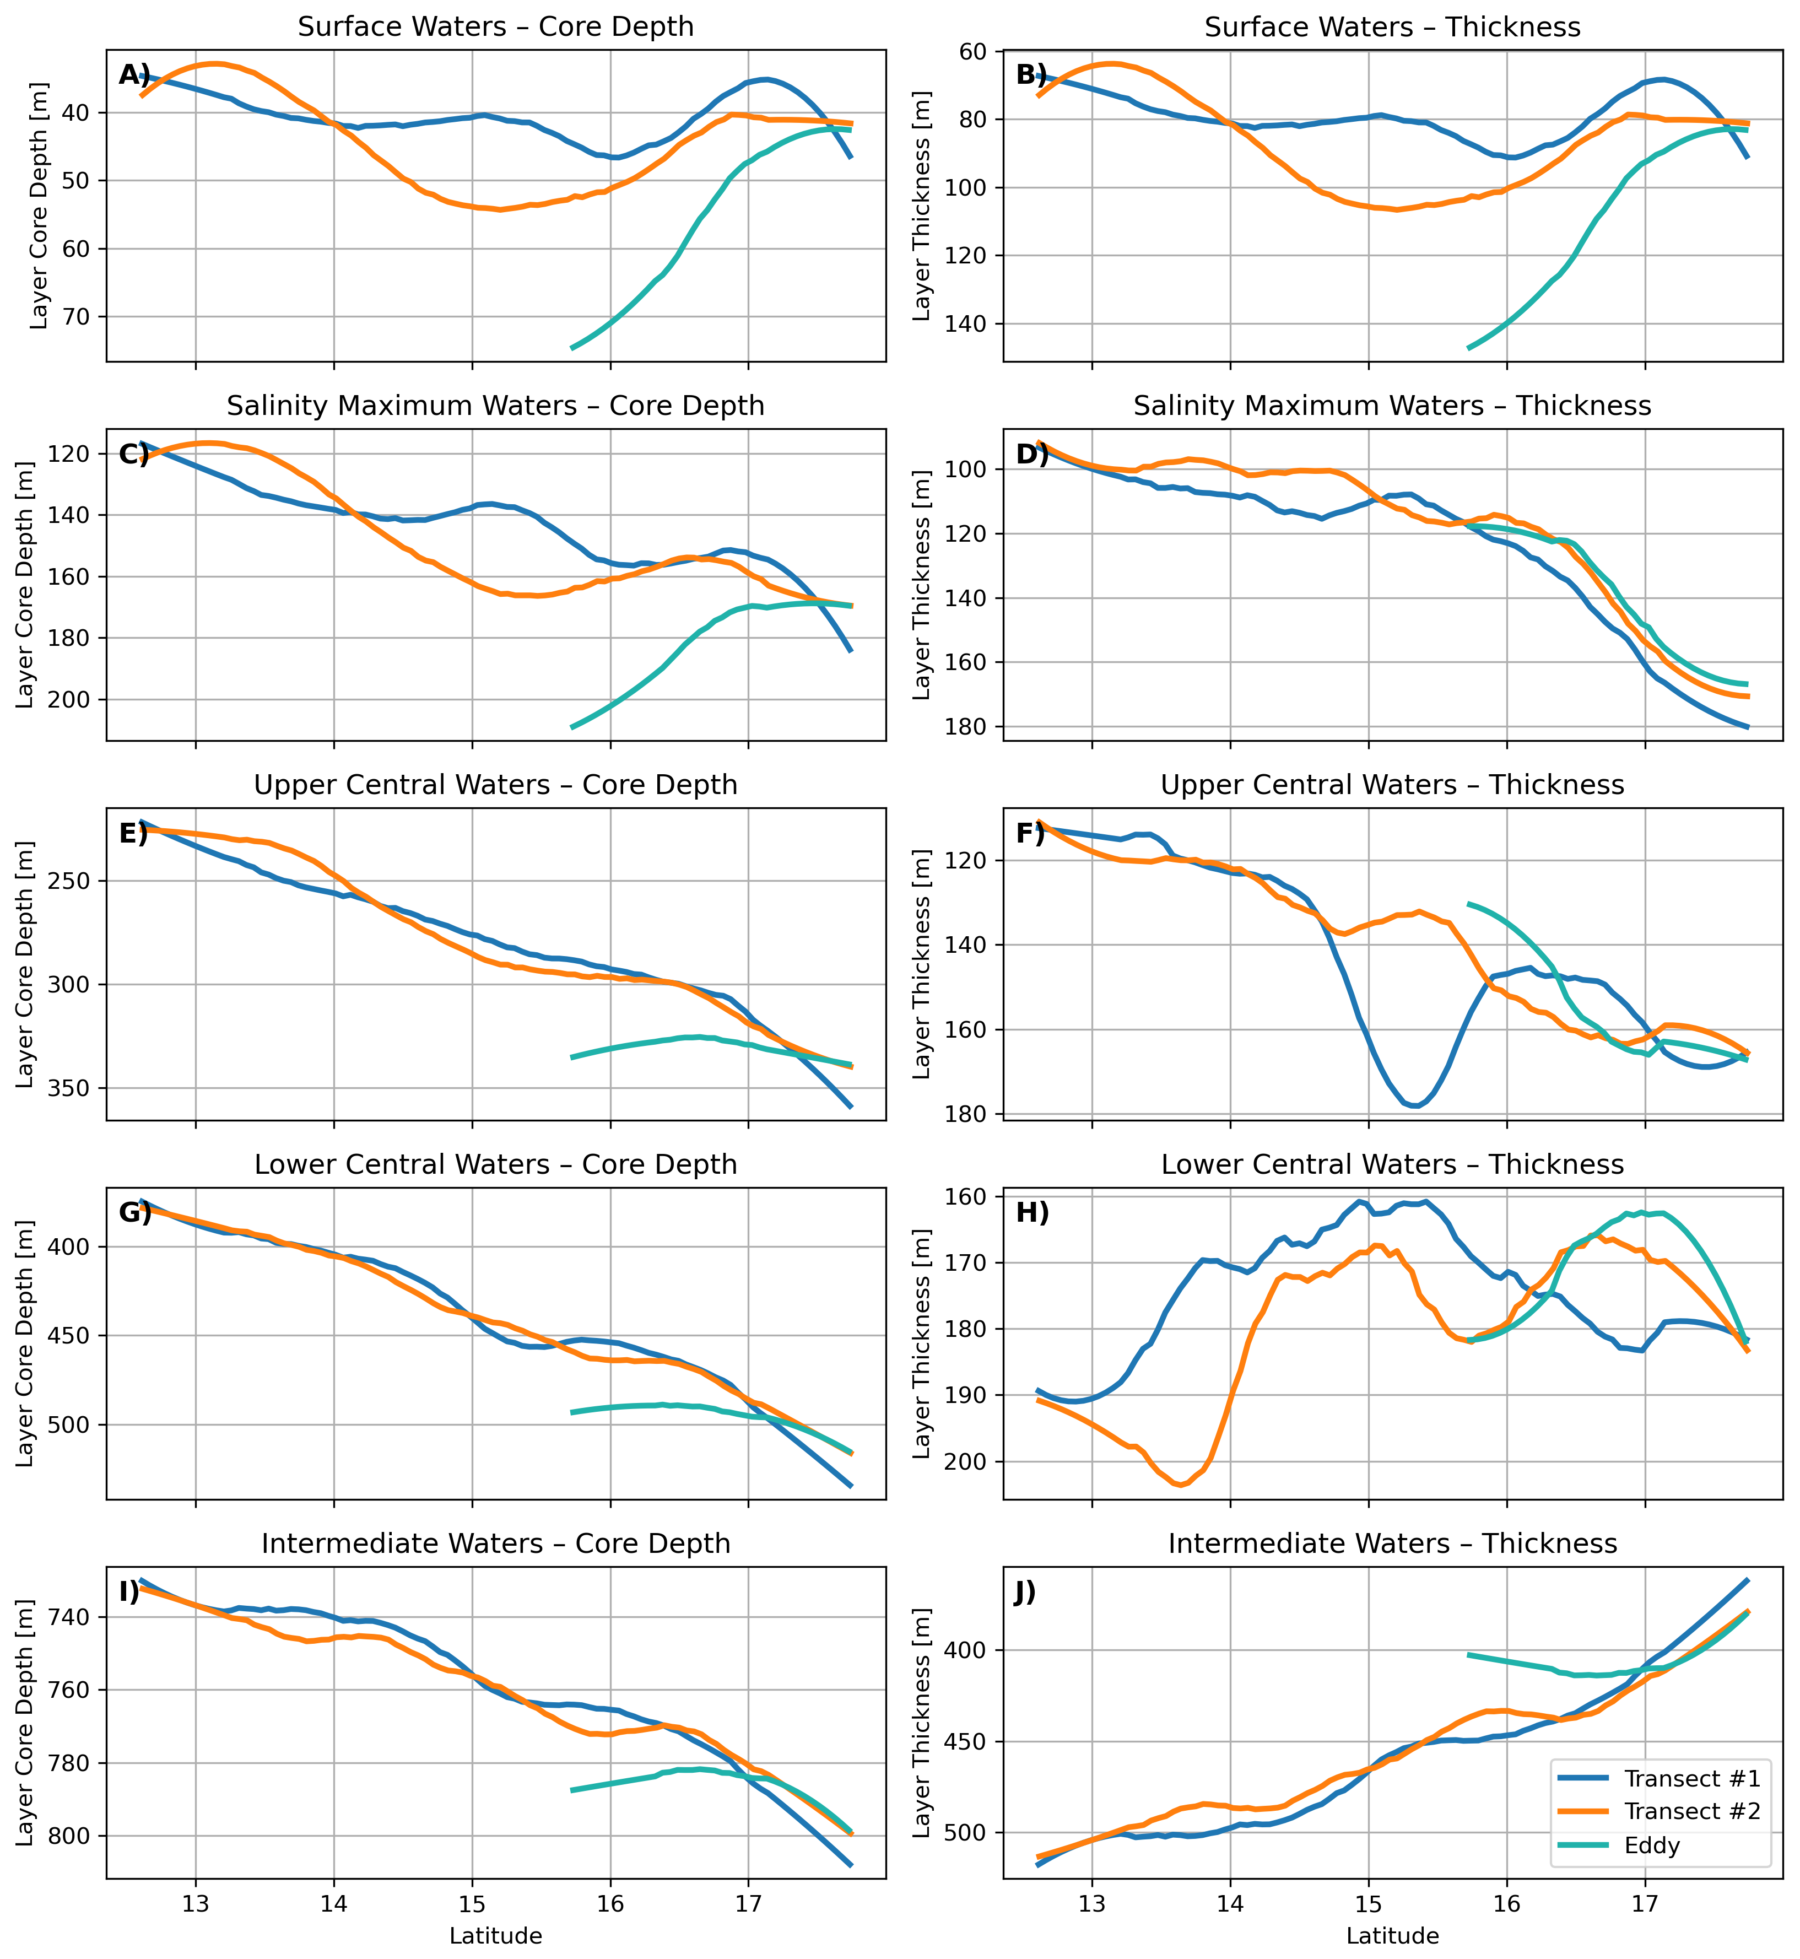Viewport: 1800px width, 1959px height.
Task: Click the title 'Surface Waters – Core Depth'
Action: [x=496, y=26]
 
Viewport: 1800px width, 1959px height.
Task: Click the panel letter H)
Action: [x=1033, y=1213]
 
